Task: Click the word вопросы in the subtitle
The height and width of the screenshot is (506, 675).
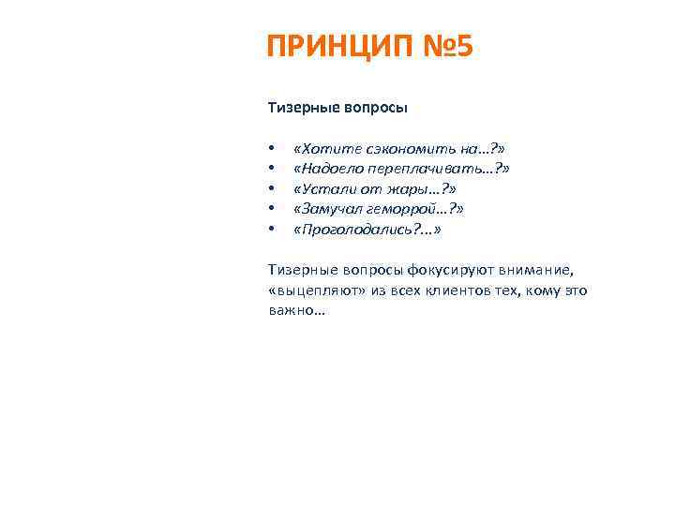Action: pyautogui.click(x=373, y=108)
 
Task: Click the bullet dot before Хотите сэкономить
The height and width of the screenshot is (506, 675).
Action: pyautogui.click(x=270, y=149)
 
